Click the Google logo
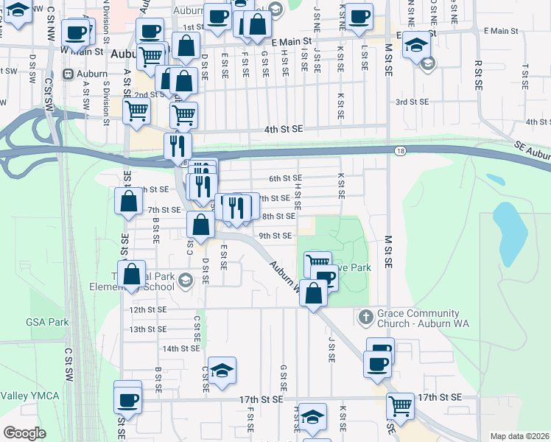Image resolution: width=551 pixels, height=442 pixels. pos(24,433)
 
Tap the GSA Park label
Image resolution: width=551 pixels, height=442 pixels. pos(46,322)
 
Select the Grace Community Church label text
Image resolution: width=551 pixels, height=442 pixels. pos(418,319)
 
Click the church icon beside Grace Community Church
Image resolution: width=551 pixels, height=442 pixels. pos(365,318)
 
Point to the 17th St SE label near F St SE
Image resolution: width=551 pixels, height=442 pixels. pos(261,399)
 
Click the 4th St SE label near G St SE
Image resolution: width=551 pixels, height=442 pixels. pos(284,130)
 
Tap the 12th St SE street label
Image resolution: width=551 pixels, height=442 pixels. pos(147,310)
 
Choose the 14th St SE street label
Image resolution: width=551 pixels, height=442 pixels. pos(181,348)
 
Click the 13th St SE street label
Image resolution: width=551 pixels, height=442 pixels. pos(147,329)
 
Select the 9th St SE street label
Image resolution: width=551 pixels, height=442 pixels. pos(275,236)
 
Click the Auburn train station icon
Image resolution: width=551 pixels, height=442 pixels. pos(69,74)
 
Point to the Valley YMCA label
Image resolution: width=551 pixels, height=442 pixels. pos(29,396)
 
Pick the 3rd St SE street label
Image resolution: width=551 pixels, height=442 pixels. pos(412,102)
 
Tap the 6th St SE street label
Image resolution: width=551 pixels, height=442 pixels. pos(285,178)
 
